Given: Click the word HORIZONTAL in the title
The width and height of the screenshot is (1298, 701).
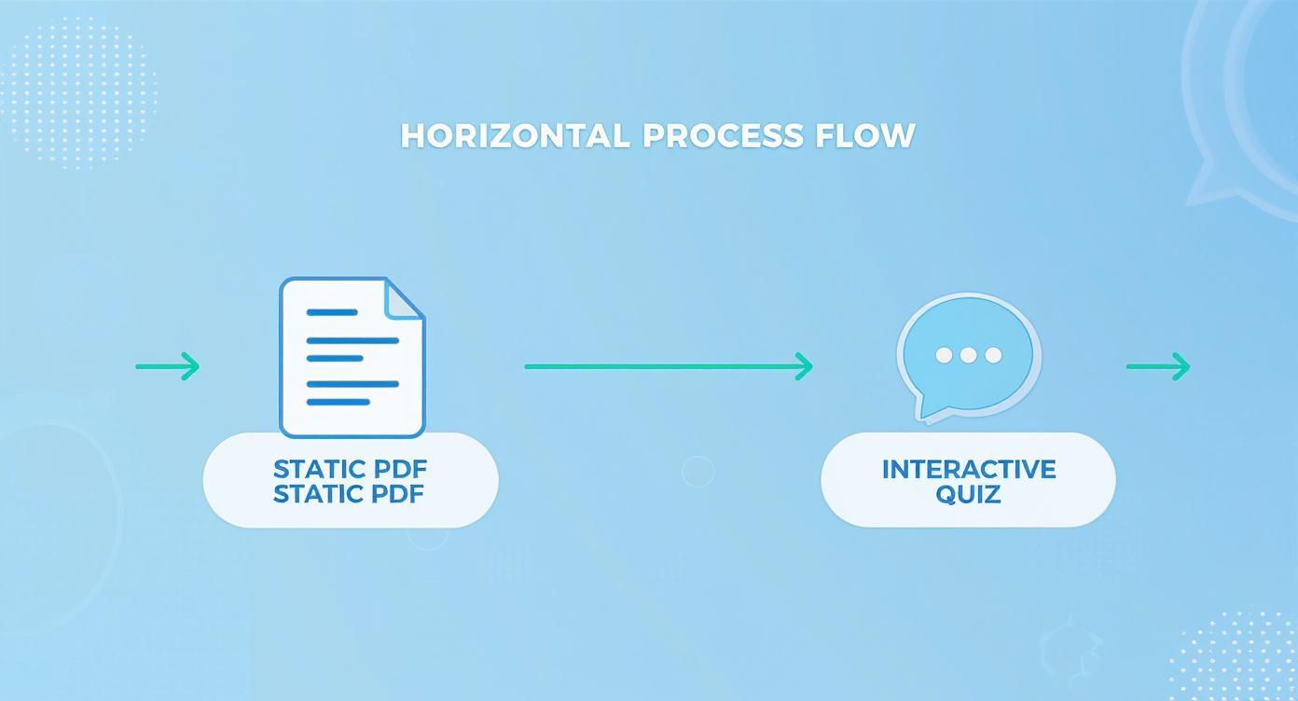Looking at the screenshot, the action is [515, 136].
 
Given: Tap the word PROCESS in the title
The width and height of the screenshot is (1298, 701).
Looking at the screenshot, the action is [724, 136].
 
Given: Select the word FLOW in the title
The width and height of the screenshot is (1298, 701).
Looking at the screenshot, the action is [865, 136].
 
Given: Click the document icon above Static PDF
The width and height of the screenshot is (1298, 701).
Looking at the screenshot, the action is [352, 357].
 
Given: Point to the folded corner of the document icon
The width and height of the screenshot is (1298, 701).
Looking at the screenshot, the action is [405, 299].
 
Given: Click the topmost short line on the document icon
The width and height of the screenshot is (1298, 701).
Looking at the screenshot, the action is [332, 312].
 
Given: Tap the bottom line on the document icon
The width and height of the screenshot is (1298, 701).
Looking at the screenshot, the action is [338, 402].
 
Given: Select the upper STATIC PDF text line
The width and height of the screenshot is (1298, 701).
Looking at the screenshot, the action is [350, 469].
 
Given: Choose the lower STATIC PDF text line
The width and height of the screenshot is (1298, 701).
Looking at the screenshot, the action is [349, 494].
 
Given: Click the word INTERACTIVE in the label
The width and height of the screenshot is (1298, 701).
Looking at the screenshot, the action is [969, 469].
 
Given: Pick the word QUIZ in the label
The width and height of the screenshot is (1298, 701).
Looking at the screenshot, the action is [968, 495].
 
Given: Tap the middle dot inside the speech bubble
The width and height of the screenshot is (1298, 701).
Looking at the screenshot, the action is [968, 355].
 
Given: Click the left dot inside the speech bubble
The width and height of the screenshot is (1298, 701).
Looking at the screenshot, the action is [944, 355].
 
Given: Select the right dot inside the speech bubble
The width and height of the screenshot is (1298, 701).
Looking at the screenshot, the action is [993, 355].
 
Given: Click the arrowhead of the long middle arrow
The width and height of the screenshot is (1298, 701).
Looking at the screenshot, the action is [804, 366].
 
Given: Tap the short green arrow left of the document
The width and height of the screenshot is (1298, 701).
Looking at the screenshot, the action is [168, 366].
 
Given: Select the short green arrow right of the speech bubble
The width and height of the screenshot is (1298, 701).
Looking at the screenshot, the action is [1158, 366].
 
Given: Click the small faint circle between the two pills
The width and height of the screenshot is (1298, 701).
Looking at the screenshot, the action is [697, 472].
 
